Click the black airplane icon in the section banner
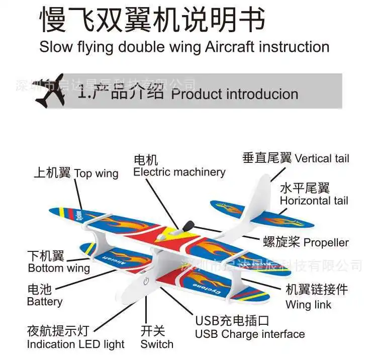(49, 91)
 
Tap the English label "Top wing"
(96, 173)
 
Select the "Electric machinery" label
(179, 172)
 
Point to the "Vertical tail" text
(322, 158)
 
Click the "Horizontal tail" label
(314, 201)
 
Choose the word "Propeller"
(326, 243)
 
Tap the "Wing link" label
(309, 305)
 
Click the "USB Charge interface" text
(250, 334)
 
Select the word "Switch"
(157, 344)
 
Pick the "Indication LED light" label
(76, 344)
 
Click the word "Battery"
(45, 302)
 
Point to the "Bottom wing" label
(59, 268)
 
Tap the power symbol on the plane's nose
(146, 281)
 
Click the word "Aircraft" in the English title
(230, 47)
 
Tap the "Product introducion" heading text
(235, 94)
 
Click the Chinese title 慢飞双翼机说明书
(152, 19)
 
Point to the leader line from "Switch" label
(146, 310)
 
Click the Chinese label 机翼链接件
(317, 289)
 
